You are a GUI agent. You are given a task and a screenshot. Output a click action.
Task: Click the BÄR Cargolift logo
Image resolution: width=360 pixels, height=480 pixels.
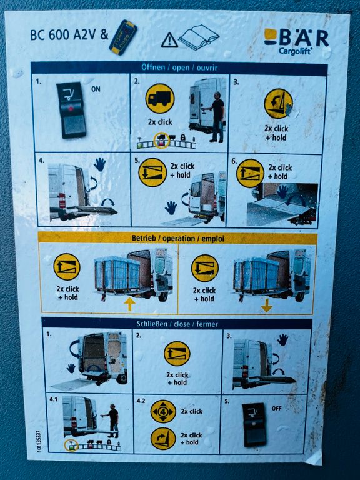296,42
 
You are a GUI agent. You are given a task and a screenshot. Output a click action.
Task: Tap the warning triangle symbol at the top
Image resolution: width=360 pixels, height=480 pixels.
169,41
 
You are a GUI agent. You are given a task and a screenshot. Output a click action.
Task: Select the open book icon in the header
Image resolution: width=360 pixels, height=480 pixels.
199,37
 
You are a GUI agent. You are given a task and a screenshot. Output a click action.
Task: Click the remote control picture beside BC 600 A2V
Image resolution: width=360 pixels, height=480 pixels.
123,37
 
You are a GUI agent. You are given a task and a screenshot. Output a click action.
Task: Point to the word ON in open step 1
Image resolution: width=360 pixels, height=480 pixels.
96,89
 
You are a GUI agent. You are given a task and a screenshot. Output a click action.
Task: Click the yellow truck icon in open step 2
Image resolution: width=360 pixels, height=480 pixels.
160,99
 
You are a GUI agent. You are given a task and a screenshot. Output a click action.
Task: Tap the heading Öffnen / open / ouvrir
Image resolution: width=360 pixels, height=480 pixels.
179,67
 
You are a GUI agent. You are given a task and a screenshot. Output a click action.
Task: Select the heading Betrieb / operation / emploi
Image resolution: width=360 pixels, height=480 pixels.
178,238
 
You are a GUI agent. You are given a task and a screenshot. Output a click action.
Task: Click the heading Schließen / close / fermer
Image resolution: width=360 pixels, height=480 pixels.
177,324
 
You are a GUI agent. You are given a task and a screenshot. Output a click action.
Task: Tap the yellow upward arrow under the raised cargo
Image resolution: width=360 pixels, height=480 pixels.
130,304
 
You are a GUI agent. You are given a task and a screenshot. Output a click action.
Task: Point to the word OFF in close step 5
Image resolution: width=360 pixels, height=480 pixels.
276,408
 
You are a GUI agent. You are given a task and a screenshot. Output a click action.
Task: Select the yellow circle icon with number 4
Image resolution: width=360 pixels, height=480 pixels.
163,412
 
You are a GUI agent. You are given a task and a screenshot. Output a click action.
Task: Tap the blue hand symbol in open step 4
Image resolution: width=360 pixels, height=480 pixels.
100,164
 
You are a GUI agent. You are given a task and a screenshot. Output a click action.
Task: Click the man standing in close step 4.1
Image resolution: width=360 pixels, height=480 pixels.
112,421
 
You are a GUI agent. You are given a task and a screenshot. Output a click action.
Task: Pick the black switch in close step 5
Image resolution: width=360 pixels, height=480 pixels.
255,424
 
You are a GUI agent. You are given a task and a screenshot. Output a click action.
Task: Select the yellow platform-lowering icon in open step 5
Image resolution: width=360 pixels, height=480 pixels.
152,172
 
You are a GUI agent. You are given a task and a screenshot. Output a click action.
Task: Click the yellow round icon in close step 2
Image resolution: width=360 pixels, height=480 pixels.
177,354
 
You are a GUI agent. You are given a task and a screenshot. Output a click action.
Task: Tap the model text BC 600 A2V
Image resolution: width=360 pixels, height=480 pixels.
63,35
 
